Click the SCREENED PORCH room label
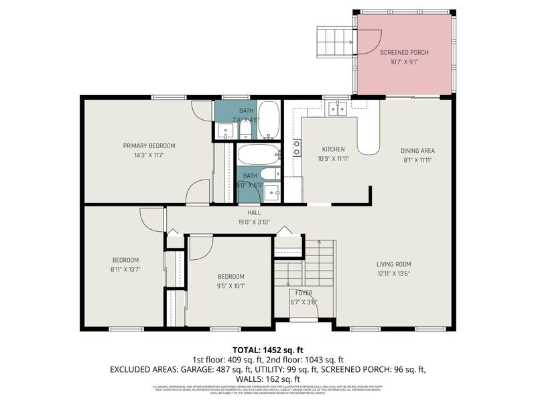(x=404, y=52)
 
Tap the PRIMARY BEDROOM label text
(x=149, y=145)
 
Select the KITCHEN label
(x=333, y=149)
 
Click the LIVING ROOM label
(x=393, y=264)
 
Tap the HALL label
(x=234, y=212)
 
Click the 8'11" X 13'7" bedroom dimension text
(x=125, y=269)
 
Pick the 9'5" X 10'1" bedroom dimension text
(x=230, y=285)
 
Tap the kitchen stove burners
(x=296, y=147)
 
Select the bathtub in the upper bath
(x=269, y=119)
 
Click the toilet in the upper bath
(x=245, y=128)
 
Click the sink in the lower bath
(x=272, y=193)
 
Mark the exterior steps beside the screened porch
(x=332, y=42)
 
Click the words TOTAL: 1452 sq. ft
(x=267, y=350)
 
